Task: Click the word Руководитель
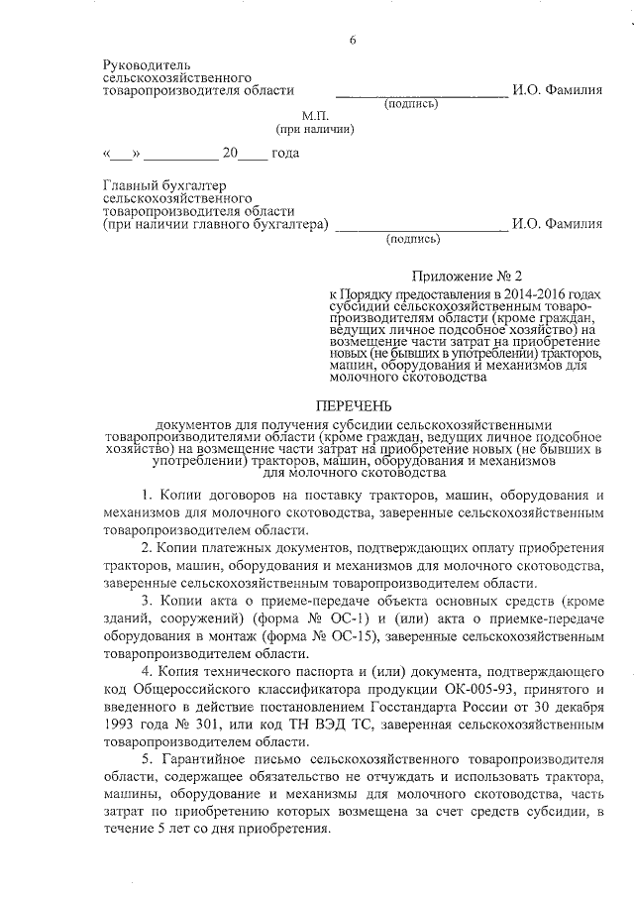[x=146, y=63]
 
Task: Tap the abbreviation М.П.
[x=315, y=116]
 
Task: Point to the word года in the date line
[x=285, y=154]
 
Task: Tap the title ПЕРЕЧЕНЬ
[x=354, y=405]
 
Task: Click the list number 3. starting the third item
[x=146, y=603]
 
